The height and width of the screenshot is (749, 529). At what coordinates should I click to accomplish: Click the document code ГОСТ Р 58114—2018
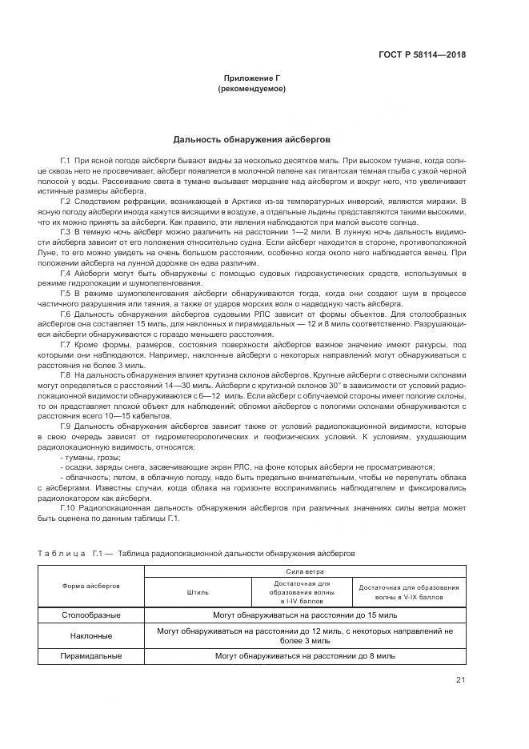(422, 55)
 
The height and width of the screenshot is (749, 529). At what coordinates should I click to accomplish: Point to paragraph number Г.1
(66, 162)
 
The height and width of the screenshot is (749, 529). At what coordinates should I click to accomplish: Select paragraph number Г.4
(66, 274)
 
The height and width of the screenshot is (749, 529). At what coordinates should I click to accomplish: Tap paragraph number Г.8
(66, 375)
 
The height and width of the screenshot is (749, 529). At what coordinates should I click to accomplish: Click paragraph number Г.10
(68, 507)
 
